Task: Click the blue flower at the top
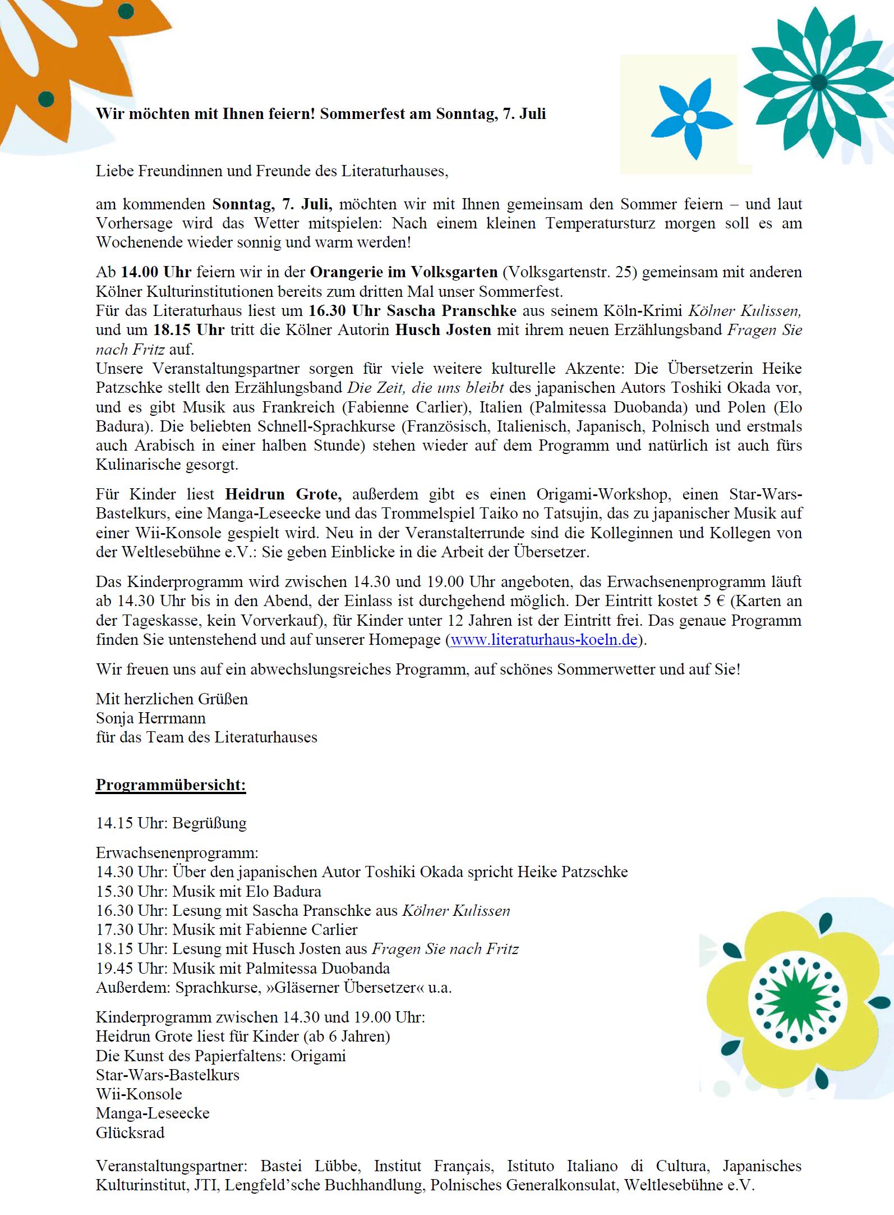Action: [x=690, y=117]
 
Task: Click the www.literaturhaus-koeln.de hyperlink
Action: [x=543, y=640]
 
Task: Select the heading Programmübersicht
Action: [x=170, y=785]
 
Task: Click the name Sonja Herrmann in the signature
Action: [x=150, y=718]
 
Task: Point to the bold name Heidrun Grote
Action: [x=283, y=494]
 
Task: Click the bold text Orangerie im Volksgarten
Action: [x=404, y=272]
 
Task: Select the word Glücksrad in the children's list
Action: [x=130, y=1133]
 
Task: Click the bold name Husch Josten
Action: [x=443, y=330]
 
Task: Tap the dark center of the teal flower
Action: [x=818, y=82]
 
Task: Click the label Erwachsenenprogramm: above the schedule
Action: [x=177, y=853]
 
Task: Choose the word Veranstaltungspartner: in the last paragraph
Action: [x=171, y=1166]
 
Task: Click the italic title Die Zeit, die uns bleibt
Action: [x=426, y=388]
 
